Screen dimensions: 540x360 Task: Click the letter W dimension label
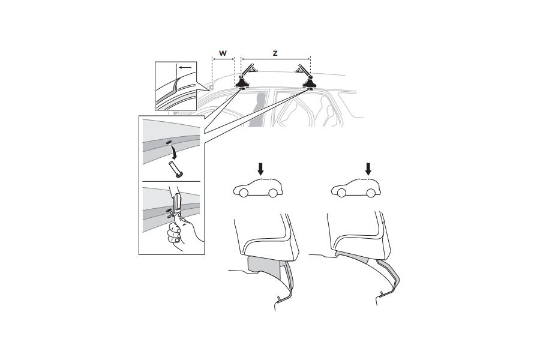(223, 53)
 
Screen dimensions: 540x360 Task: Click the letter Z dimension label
(275, 53)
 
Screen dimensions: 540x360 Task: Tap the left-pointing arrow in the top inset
(185, 68)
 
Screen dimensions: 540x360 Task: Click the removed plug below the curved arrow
(176, 169)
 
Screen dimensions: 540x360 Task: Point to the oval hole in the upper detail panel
(169, 142)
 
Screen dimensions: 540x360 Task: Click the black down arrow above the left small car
(261, 169)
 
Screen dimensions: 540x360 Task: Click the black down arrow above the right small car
(368, 169)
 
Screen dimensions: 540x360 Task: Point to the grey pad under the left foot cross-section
(265, 266)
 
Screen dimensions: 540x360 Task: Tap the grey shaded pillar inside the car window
(257, 110)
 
